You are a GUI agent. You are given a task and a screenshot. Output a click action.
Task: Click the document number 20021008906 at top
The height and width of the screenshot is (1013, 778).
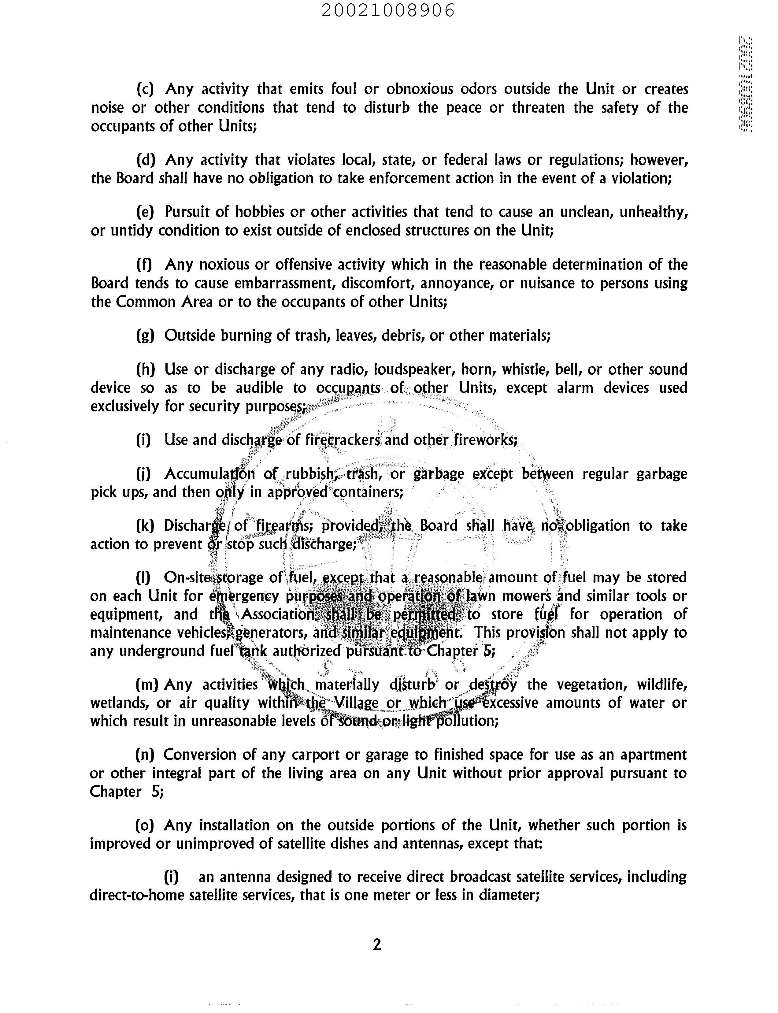pyautogui.click(x=388, y=10)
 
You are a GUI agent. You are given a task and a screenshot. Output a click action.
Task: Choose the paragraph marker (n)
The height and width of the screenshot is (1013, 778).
pyautogui.click(x=144, y=755)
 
